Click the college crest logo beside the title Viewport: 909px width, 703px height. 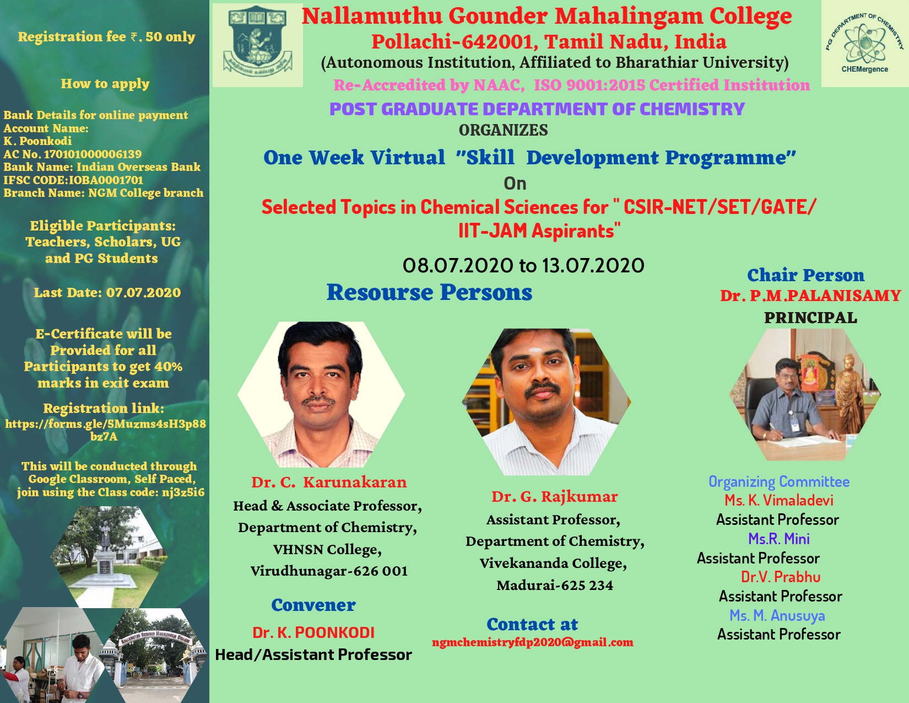click(x=257, y=44)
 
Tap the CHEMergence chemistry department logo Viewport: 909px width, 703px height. click(x=864, y=44)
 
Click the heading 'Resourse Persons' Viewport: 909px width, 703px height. click(x=429, y=292)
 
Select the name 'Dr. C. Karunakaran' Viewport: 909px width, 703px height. click(x=329, y=482)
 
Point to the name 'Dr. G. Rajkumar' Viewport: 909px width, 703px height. click(x=554, y=497)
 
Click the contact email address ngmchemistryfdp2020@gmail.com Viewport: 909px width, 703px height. click(x=533, y=642)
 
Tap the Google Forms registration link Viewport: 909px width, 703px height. click(x=105, y=430)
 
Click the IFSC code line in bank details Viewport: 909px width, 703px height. click(x=73, y=180)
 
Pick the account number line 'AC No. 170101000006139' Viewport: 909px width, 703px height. click(x=72, y=154)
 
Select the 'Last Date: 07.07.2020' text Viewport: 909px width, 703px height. click(x=107, y=292)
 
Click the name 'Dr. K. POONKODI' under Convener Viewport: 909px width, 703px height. click(x=313, y=632)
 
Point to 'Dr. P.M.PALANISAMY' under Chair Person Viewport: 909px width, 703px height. click(x=810, y=296)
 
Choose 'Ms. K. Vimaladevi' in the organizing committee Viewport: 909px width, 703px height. click(x=779, y=500)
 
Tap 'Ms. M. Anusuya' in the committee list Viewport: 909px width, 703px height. click(x=777, y=615)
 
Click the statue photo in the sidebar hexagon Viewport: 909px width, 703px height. click(x=109, y=557)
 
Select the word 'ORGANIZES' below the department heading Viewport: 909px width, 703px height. click(x=503, y=130)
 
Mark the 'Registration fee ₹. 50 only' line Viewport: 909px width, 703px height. click(x=106, y=37)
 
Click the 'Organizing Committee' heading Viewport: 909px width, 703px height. click(x=779, y=481)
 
